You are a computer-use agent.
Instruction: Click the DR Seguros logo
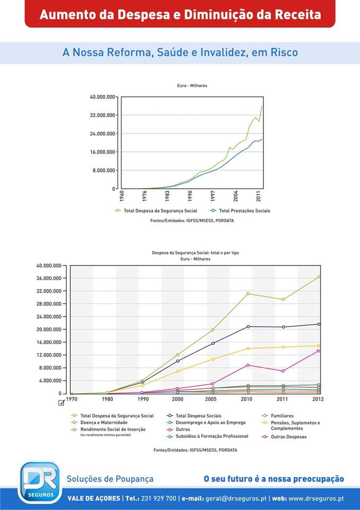click(39, 482)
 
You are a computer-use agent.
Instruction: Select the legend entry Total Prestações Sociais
click(244, 211)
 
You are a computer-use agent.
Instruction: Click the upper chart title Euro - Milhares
click(192, 86)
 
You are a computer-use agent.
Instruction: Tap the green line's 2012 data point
click(319, 277)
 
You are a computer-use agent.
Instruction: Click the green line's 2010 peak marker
click(247, 294)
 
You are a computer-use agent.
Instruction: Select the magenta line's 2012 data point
click(319, 351)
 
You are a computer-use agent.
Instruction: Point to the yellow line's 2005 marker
click(212, 359)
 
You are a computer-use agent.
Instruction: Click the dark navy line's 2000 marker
click(178, 361)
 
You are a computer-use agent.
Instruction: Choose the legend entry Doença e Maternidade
click(104, 422)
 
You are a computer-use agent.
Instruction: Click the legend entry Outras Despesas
click(288, 437)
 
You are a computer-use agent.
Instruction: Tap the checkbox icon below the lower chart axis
click(62, 403)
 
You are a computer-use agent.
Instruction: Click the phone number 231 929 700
click(158, 498)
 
